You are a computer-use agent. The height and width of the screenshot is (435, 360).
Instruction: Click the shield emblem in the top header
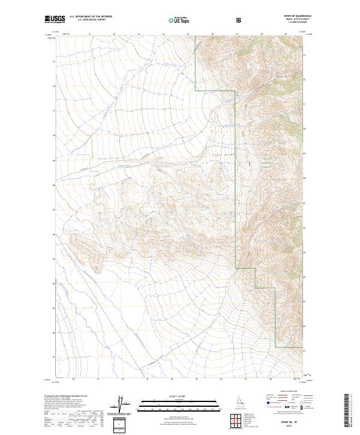click(x=239, y=20)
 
